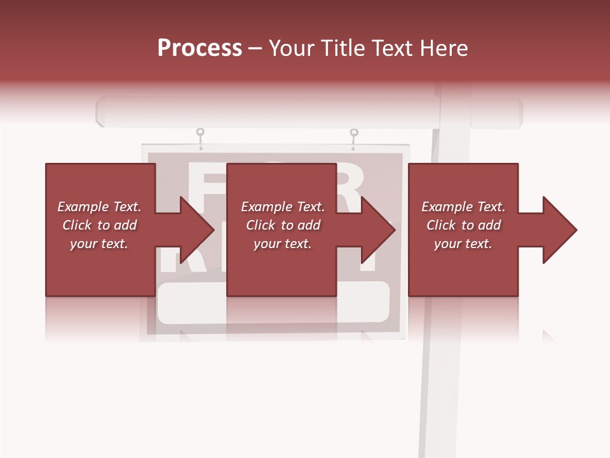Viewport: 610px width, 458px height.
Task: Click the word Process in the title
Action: click(200, 48)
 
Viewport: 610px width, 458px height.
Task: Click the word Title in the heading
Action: click(341, 48)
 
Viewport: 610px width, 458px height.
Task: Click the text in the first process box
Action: click(99, 225)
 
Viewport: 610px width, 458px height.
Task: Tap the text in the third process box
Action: click(463, 225)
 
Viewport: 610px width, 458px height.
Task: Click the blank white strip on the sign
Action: click(273, 303)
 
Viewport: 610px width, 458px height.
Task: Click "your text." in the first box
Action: click(99, 244)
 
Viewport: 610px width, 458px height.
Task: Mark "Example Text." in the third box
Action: click(463, 207)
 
